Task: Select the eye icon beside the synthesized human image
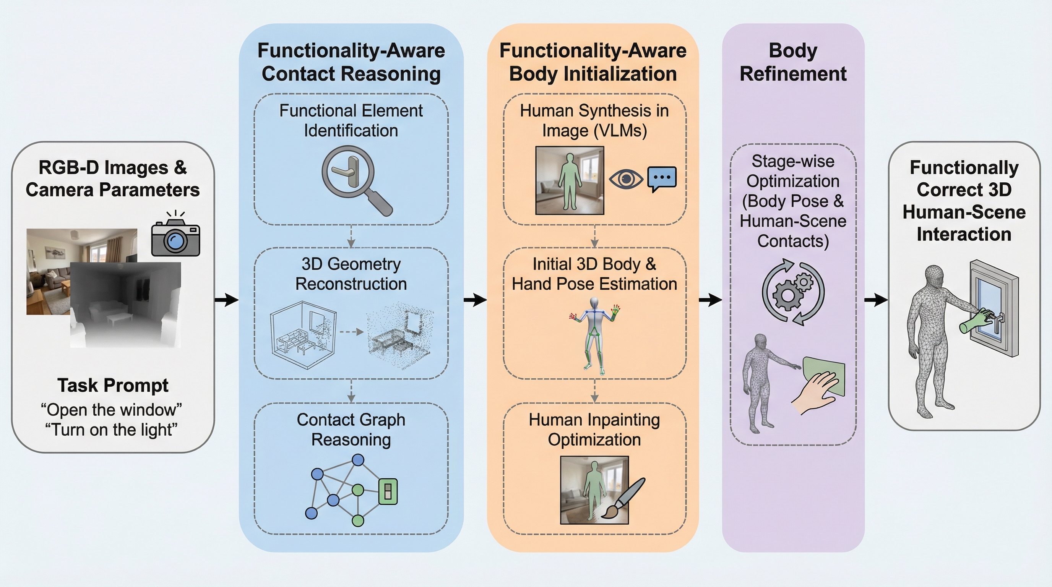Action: [x=626, y=179]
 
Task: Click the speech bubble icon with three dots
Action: [x=662, y=178]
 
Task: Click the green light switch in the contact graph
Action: [x=388, y=491]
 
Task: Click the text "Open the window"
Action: [x=112, y=409]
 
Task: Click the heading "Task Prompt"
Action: [x=113, y=385]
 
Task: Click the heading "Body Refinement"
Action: [x=793, y=62]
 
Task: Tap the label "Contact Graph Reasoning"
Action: [x=351, y=430]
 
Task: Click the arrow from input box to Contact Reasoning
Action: [x=227, y=300]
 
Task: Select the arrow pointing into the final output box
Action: [x=876, y=300]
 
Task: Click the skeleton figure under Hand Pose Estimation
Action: [x=594, y=335]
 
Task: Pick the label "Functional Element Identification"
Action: [x=351, y=120]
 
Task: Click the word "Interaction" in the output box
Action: [x=964, y=234]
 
